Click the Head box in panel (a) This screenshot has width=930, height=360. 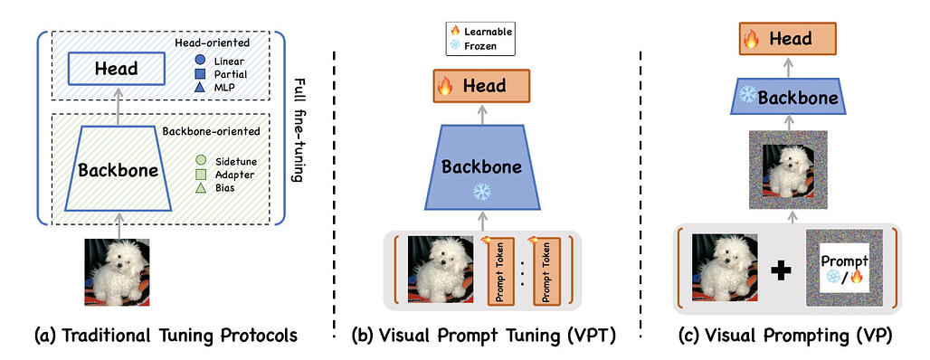point(115,69)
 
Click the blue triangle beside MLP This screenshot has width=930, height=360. point(200,88)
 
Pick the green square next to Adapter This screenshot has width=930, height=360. point(201,174)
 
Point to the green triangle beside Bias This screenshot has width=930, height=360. point(201,188)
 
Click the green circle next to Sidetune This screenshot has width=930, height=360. point(201,159)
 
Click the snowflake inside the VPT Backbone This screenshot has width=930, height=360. point(482,191)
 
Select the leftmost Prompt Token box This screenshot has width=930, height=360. point(501,270)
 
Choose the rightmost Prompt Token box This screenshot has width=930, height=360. point(554,270)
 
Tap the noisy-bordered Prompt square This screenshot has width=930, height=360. point(843,270)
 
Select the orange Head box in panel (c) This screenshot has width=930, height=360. point(783,39)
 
